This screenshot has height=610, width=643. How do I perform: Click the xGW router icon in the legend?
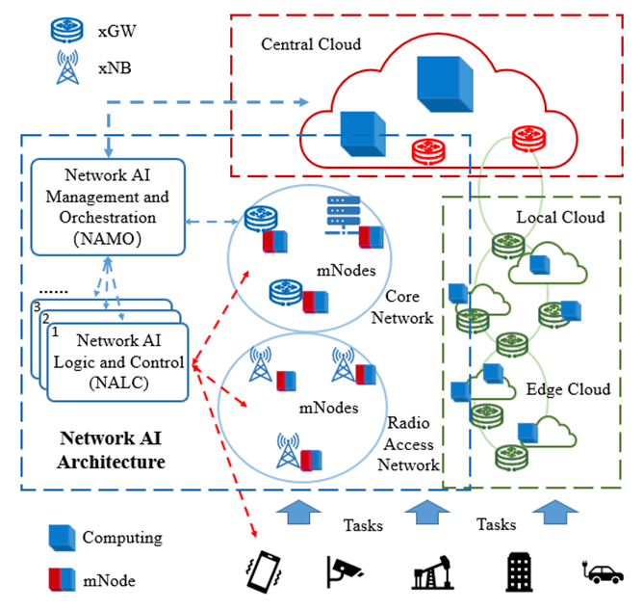coord(66,30)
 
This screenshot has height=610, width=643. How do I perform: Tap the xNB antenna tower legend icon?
coord(67,66)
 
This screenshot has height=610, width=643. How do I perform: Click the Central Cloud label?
coord(311,44)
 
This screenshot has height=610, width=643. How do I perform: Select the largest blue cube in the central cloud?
coord(445,84)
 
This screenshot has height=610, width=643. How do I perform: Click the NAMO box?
coord(108,207)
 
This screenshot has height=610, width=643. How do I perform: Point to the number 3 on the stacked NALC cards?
coord(38,306)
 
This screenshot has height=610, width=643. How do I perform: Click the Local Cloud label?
coord(560,217)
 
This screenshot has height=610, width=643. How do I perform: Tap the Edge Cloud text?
coord(568,389)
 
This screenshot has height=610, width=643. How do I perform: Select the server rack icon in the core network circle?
coord(344,215)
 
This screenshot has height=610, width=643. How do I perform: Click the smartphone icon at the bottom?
coord(264,571)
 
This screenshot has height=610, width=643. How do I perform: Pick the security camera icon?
coord(344,571)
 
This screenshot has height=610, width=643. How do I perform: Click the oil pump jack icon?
coord(432,572)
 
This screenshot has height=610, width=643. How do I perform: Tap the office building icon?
coord(519,571)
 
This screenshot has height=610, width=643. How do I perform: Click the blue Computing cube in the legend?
coord(62,538)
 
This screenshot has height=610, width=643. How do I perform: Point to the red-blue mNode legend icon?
coord(62,579)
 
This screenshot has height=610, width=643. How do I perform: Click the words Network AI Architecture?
coord(111,450)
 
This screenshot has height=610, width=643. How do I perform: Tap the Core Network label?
coord(402,306)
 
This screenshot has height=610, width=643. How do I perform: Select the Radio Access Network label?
coord(408,443)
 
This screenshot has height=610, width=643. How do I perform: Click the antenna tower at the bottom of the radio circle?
coord(288,450)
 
